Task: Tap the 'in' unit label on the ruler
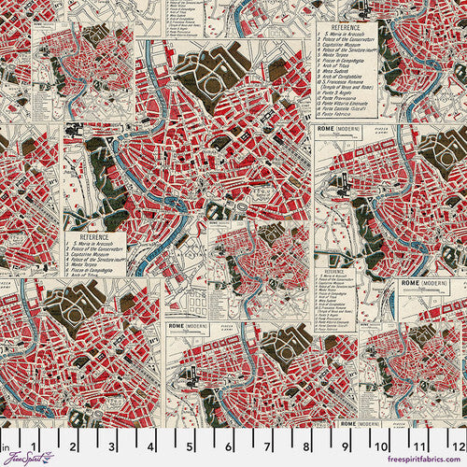(7, 433)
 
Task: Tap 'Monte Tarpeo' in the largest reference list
(337, 63)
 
